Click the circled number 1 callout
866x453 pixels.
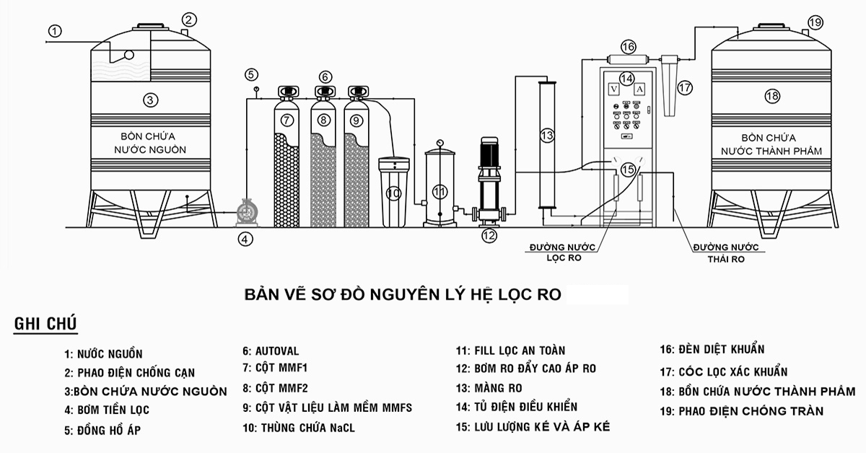[55, 31]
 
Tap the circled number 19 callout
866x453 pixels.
[815, 22]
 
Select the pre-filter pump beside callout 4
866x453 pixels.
[247, 212]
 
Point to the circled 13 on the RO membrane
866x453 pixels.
[547, 136]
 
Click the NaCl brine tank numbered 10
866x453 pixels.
[393, 192]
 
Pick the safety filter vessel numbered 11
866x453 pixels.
[439, 188]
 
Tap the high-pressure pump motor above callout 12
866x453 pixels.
[489, 152]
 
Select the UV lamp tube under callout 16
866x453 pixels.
[629, 60]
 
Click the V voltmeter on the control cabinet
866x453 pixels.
[613, 89]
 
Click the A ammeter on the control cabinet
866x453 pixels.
[640, 89]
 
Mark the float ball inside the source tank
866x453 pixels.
[129, 56]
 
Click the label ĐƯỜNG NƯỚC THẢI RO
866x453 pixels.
[726, 253]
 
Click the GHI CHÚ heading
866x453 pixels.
[45, 324]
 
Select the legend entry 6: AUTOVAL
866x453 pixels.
[271, 351]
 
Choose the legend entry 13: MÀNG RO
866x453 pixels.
[489, 387]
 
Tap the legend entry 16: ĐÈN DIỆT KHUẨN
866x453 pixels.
[712, 349]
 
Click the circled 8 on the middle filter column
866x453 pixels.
[323, 120]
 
